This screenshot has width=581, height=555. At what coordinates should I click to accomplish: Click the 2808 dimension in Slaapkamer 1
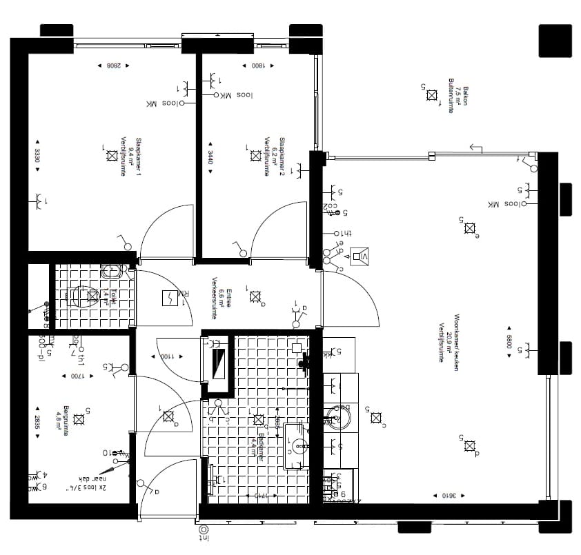pyautogui.click(x=114, y=66)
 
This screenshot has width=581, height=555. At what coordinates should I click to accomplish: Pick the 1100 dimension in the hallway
pyautogui.click(x=167, y=356)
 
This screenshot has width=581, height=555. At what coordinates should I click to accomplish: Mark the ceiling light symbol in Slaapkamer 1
pyautogui.click(x=112, y=157)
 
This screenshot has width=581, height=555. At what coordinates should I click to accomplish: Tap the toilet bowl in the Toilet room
pyautogui.click(x=84, y=296)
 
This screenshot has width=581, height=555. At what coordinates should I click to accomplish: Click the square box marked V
pyautogui.click(x=358, y=257)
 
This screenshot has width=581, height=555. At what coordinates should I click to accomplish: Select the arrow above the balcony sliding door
pyautogui.click(x=475, y=146)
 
